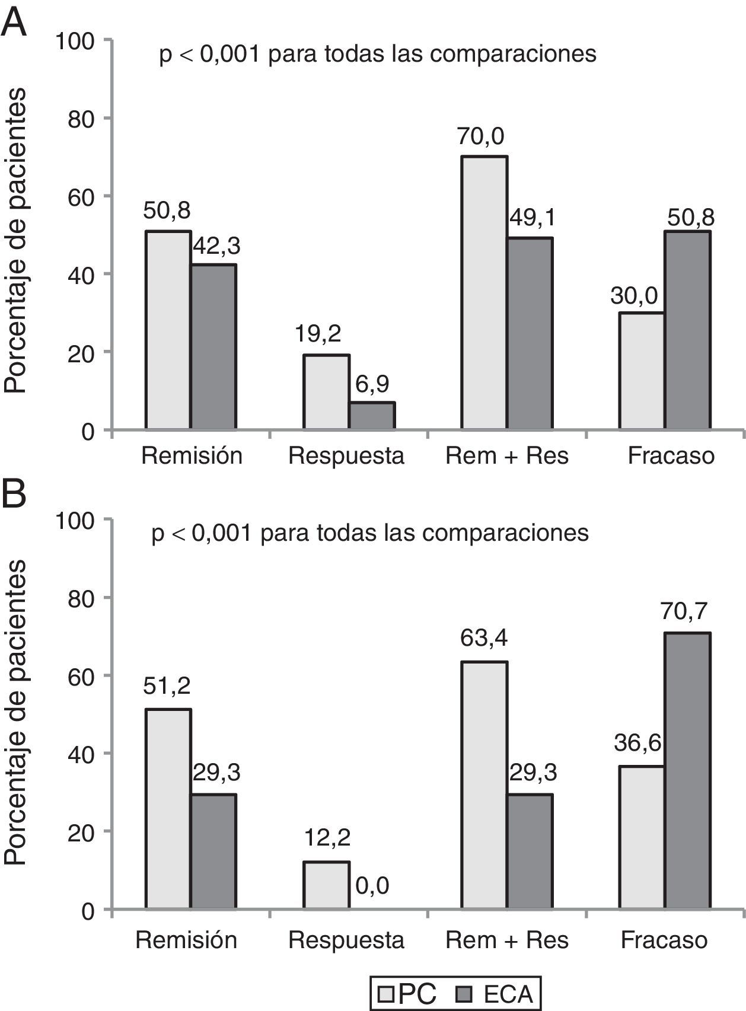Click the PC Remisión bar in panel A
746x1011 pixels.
tap(168, 330)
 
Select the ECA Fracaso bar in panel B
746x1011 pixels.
tap(687, 771)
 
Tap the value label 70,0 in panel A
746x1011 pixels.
tap(480, 136)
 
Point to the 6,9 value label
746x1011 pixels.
tap(372, 384)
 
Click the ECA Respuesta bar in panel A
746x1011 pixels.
tap(372, 416)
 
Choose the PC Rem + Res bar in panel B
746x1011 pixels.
tap(484, 785)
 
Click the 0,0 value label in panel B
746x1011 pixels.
tap(372, 886)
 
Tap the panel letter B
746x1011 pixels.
tap(14, 494)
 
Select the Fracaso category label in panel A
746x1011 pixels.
tap(671, 456)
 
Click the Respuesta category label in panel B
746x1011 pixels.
tap(346, 940)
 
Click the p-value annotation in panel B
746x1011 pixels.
tap(370, 532)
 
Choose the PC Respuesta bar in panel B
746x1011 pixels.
tap(326, 885)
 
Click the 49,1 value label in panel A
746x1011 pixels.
tap(532, 218)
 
